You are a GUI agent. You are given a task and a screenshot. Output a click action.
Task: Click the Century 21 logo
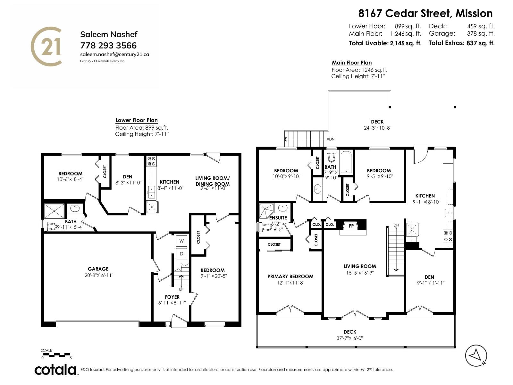tap(46, 47)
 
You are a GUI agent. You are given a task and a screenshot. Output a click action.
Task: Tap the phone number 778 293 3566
tap(108, 45)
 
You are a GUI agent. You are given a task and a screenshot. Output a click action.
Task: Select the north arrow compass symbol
tap(476, 355)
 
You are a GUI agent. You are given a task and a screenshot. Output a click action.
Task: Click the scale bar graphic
tap(56, 355)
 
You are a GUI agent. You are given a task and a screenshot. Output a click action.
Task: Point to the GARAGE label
tap(98, 269)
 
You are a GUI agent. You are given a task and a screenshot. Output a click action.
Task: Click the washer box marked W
tap(181, 241)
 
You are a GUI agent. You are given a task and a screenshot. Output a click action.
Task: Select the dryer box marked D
tap(181, 254)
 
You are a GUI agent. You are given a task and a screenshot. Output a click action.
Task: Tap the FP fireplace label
tap(351, 226)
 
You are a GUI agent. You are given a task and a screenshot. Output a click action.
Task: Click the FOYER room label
tap(172, 297)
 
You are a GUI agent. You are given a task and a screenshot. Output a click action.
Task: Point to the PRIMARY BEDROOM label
tap(290, 276)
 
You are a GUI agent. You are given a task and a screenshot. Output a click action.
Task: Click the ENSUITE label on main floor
tap(278, 218)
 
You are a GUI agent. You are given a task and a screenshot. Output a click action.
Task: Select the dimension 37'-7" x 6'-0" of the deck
tap(350, 338)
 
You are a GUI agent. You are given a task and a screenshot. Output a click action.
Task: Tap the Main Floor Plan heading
tap(351, 63)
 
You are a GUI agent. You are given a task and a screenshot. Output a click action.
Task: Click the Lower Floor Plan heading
tap(137, 120)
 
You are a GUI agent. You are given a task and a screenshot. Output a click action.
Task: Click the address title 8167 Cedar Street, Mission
tap(425, 13)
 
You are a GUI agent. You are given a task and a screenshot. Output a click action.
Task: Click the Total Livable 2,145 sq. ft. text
tap(385, 43)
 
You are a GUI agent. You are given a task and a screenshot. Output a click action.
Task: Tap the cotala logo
tap(55, 370)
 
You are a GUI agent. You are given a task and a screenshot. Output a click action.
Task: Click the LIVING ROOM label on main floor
tap(359, 266)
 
